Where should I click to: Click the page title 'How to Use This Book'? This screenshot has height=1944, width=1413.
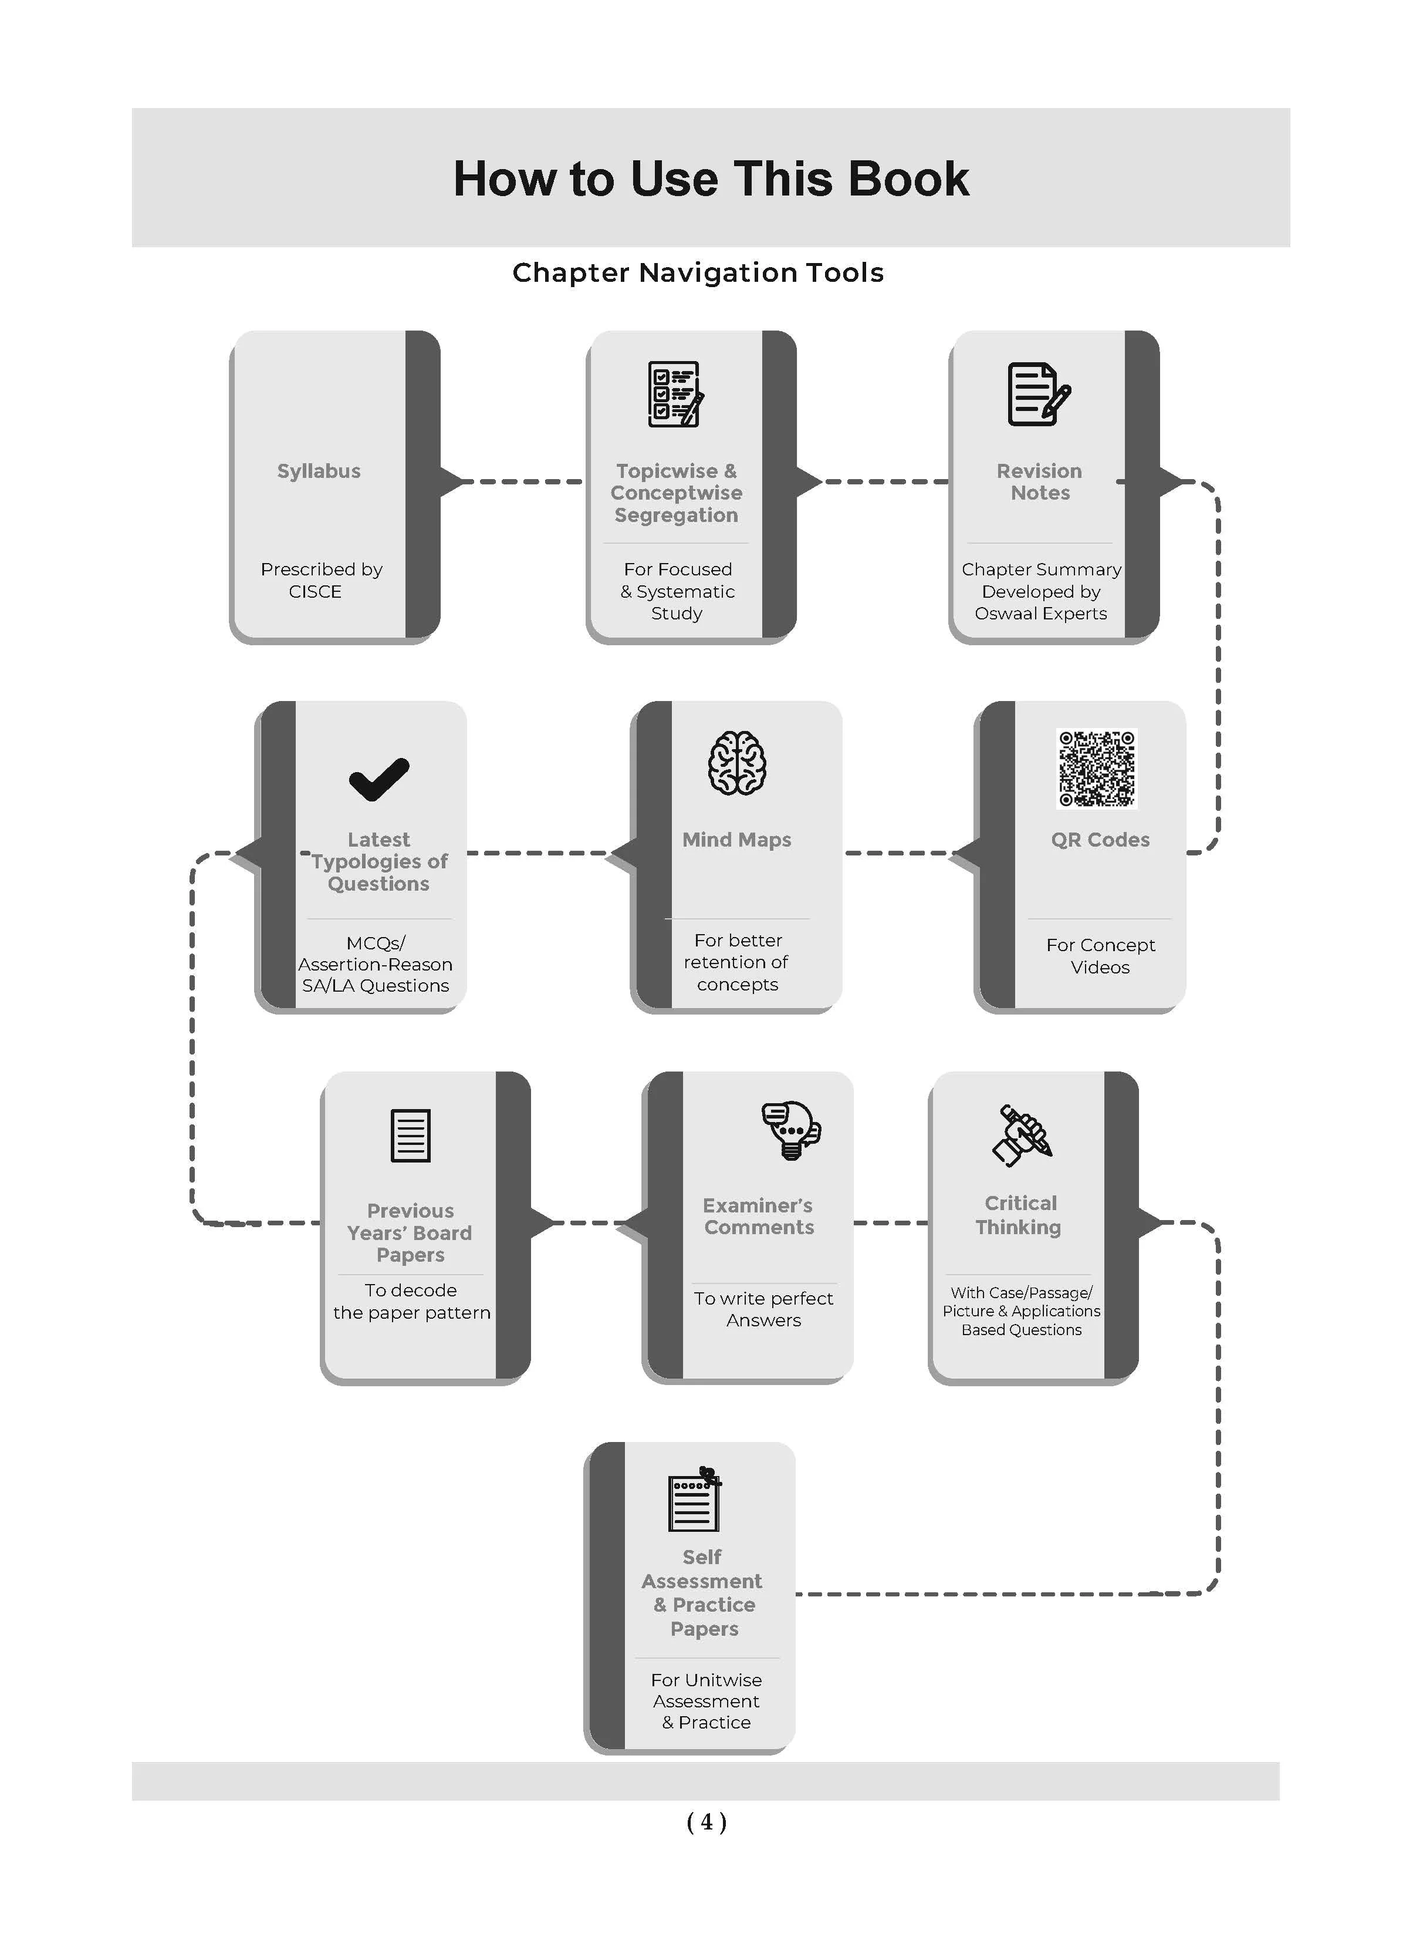click(x=711, y=178)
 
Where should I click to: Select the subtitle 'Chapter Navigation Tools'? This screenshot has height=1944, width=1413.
click(x=698, y=272)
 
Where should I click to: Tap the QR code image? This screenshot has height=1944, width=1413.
click(x=1097, y=768)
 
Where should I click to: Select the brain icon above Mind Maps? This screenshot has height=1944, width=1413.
click(x=737, y=763)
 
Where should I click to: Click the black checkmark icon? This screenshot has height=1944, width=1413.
click(x=378, y=779)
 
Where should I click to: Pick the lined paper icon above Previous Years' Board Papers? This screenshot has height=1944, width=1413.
click(x=410, y=1136)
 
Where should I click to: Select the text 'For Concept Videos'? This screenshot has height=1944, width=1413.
click(x=1100, y=956)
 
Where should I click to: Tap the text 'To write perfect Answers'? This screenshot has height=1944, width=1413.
click(x=763, y=1309)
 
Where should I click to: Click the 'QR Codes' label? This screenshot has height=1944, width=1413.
click(x=1100, y=840)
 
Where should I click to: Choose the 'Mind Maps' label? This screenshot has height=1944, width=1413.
click(x=737, y=840)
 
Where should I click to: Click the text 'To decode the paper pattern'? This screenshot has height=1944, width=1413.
click(x=411, y=1301)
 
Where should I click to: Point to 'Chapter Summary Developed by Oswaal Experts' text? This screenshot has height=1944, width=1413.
click(x=1041, y=591)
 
